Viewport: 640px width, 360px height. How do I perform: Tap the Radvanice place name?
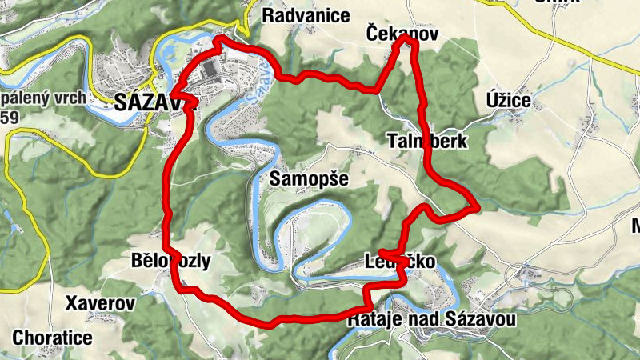[306, 15]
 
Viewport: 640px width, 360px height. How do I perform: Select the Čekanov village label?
[402, 33]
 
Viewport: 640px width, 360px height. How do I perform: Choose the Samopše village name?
[309, 178]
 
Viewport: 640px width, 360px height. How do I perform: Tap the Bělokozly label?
[170, 261]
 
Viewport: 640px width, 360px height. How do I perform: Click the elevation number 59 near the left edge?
[10, 118]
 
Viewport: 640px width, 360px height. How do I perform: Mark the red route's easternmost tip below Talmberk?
[478, 207]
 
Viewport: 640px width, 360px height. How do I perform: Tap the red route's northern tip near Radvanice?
[218, 38]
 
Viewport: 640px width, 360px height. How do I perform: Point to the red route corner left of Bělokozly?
[166, 246]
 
